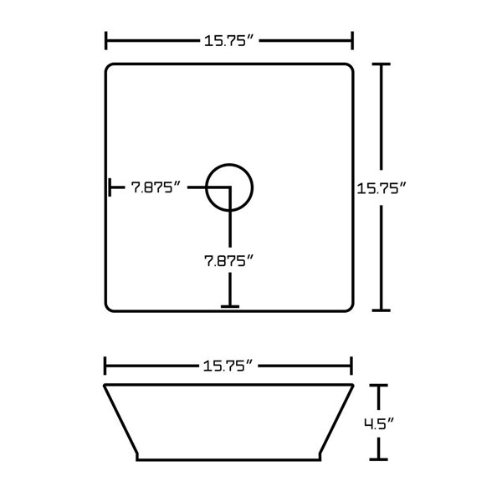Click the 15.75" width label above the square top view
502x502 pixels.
(227, 40)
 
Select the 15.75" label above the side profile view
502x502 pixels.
(227, 364)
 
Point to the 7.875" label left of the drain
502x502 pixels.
(156, 188)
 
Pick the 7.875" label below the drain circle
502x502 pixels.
(228, 260)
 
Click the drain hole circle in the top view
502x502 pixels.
(228, 186)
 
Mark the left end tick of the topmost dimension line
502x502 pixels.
(106, 40)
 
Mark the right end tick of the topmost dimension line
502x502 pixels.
(351, 40)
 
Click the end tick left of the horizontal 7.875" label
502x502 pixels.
(110, 187)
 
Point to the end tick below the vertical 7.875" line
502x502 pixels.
(228, 306)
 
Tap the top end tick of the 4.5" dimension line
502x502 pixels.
(382, 385)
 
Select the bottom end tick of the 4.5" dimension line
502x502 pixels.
(382, 459)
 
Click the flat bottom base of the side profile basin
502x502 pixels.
(228, 459)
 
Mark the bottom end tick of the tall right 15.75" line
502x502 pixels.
(382, 310)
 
